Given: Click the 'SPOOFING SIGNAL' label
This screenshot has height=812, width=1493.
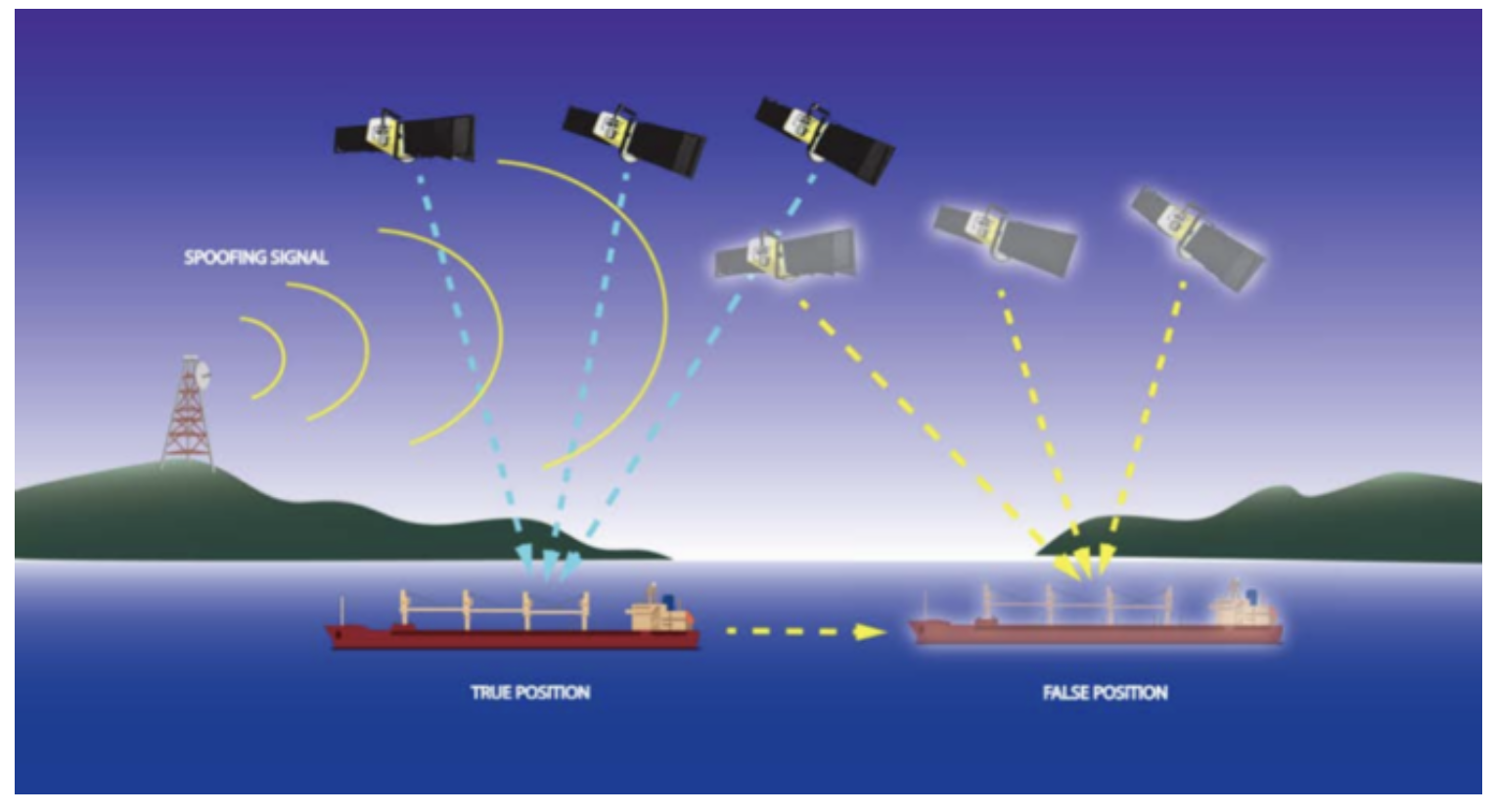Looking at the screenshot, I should tap(256, 258).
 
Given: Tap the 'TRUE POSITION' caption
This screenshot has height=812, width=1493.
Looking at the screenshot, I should tap(530, 693).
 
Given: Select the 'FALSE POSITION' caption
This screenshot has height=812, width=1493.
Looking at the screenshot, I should tap(1105, 693).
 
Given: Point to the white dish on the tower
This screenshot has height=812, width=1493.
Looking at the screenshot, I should tap(204, 373).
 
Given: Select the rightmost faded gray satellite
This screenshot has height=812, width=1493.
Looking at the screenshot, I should tap(1198, 237).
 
